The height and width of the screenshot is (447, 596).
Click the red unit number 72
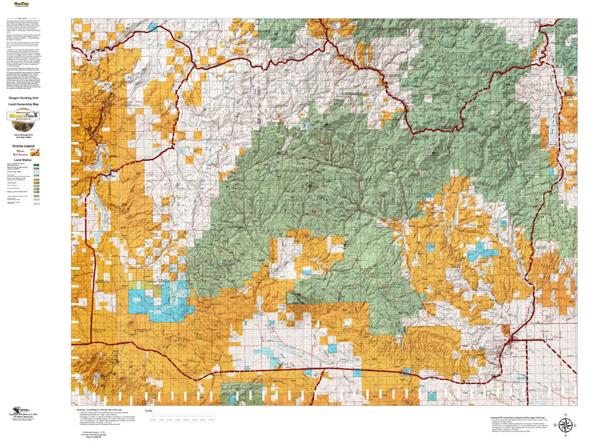pyautogui.click(x=313, y=212)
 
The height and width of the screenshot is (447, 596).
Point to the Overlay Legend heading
pyautogui.click(x=23, y=146)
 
